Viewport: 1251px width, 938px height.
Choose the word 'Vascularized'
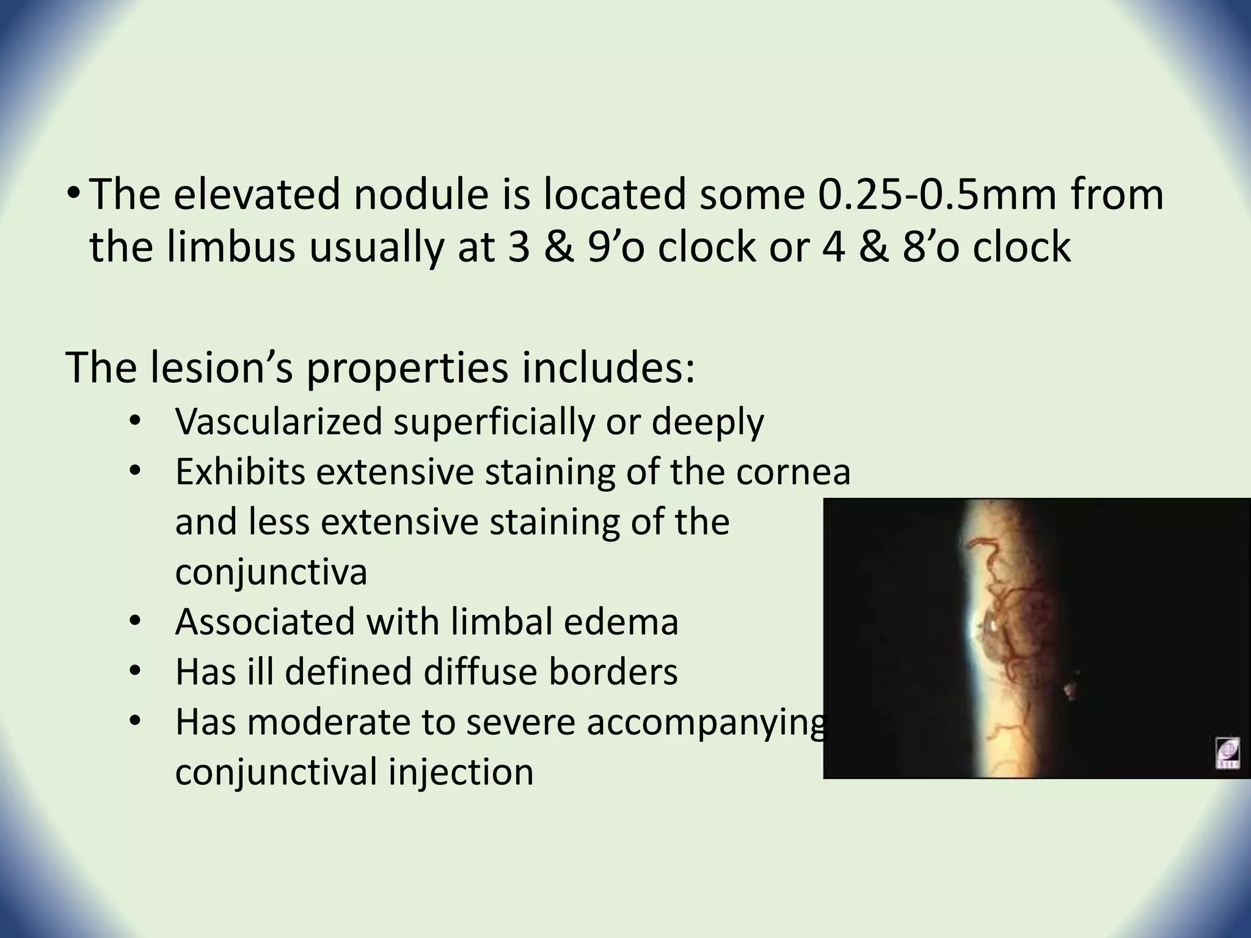pos(279,421)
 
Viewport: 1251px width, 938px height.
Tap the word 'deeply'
pos(707,421)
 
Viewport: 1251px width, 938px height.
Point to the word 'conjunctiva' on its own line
pos(271,572)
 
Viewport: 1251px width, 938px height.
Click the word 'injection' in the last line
pos(460,772)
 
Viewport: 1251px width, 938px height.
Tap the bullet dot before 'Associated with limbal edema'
pos(136,622)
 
